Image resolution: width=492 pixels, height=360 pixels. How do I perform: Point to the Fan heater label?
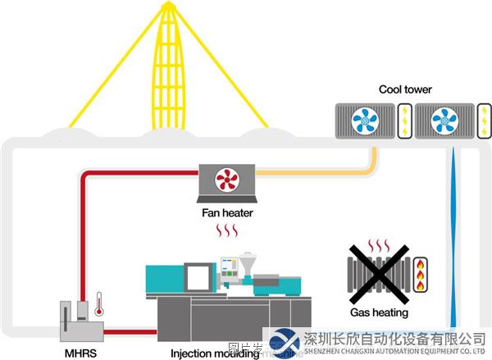tap(227, 213)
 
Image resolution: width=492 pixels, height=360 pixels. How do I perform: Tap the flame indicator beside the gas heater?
tap(421, 276)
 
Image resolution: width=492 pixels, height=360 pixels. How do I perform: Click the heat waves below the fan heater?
tap(226, 233)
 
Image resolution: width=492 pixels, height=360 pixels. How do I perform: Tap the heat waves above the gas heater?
tap(378, 245)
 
